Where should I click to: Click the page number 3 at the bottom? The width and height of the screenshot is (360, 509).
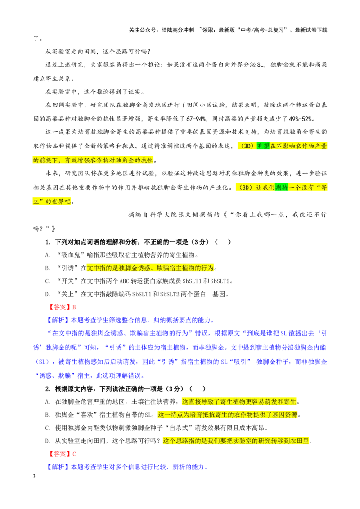(x=34, y=476)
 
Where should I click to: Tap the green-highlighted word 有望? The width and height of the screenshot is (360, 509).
(x=263, y=146)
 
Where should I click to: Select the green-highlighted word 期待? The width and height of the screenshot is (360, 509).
(x=281, y=188)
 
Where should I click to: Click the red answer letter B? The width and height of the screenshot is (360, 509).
(x=74, y=307)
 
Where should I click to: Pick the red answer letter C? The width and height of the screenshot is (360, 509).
(x=74, y=454)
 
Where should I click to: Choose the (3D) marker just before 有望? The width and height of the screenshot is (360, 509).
(x=247, y=146)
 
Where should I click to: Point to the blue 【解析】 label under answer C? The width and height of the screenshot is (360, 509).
(x=58, y=467)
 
